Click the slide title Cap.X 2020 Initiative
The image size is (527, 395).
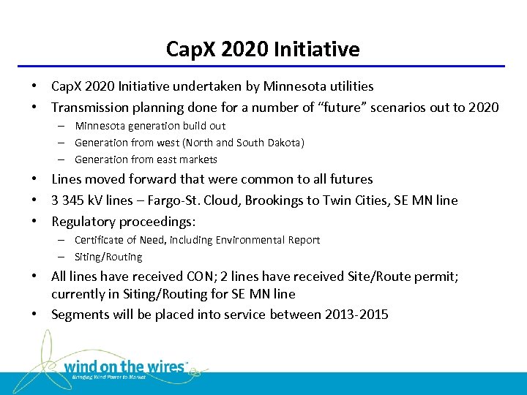[x=263, y=49]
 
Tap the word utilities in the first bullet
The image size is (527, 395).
[x=348, y=86]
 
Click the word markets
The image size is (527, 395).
[x=199, y=159]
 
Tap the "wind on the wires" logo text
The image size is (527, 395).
[x=125, y=366]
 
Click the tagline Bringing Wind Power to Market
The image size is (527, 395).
[x=109, y=377]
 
